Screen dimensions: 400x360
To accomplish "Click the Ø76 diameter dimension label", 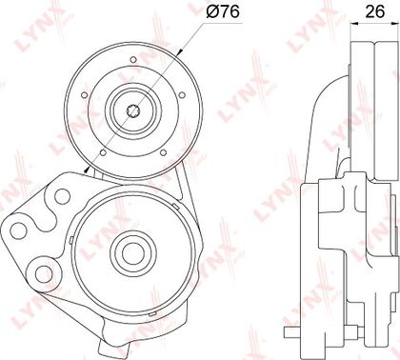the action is coord(223,12).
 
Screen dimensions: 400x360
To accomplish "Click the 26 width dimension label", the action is coord(375,11).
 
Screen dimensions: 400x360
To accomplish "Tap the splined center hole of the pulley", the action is coord(133,111).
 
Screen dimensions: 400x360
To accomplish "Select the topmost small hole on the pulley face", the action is coord(133,60).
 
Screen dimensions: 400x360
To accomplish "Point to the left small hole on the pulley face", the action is coord(84,95).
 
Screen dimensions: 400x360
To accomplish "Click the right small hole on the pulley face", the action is coord(182,95).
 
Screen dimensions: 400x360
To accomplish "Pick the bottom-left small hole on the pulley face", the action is coord(103,152).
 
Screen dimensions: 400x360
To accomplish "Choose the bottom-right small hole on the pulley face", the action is coord(163,152).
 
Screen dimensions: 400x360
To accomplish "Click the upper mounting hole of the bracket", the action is coord(62,196).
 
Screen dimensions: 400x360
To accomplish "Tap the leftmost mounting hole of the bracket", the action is coord(18,230).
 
